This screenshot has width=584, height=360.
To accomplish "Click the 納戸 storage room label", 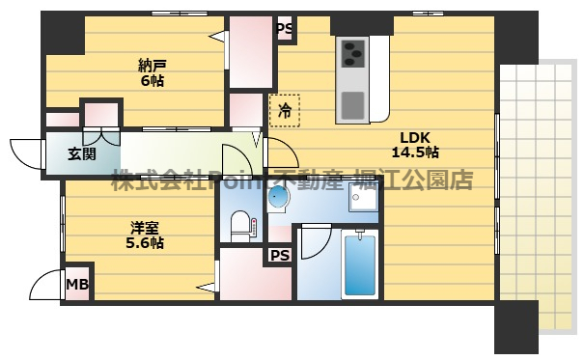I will [150, 65].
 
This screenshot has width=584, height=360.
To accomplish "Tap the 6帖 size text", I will [150, 81].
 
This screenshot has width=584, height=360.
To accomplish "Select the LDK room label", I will [415, 136].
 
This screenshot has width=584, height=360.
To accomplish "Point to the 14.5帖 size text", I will [415, 152].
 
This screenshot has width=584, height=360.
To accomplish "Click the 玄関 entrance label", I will [80, 153].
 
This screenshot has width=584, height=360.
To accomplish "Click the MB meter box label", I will [76, 285].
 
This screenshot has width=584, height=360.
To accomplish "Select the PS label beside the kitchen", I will [285, 30].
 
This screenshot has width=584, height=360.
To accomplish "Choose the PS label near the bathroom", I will [280, 256].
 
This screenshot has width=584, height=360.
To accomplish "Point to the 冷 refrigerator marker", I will [285, 111].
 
